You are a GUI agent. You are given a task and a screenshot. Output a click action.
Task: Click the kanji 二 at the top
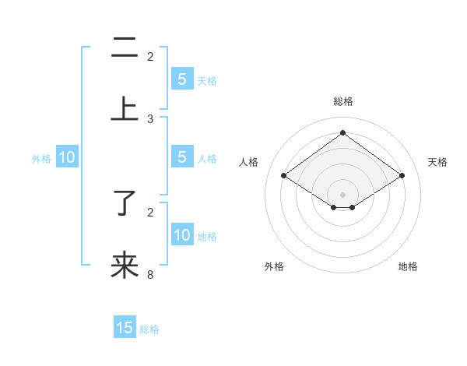pos(125,48)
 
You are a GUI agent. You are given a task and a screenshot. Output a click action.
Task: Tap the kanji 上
pos(125,109)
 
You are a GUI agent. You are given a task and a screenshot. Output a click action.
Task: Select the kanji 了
pos(125,204)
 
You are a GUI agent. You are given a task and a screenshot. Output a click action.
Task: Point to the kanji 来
pos(125,266)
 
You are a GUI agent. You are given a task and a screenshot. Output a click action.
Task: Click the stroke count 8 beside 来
pos(150,274)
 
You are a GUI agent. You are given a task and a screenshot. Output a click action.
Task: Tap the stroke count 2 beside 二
pos(150,57)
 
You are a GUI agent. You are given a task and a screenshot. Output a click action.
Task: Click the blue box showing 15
pos(125,328)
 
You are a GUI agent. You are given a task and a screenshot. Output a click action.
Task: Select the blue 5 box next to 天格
pos(182,79)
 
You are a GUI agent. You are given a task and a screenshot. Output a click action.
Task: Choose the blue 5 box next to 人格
pos(182,157)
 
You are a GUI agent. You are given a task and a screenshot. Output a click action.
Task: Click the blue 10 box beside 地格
pos(182,235)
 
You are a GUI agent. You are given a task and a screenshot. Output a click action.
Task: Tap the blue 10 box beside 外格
pos(67,157)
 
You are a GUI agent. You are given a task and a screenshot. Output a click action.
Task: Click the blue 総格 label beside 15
pos(149,329)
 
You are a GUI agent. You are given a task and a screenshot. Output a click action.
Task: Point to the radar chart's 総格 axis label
pos(343,101)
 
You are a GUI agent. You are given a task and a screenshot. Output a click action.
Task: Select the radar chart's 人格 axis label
pos(249,162)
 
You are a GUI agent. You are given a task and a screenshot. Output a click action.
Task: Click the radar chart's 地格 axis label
pos(408,266)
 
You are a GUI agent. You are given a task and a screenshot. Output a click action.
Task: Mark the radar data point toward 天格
pos(402,176)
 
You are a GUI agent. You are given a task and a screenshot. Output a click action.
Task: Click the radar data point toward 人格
pos(284,176)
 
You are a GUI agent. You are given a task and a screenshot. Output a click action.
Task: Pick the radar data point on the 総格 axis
pos(343,133)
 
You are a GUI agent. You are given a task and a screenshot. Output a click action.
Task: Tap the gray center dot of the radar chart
pos(343,194)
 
